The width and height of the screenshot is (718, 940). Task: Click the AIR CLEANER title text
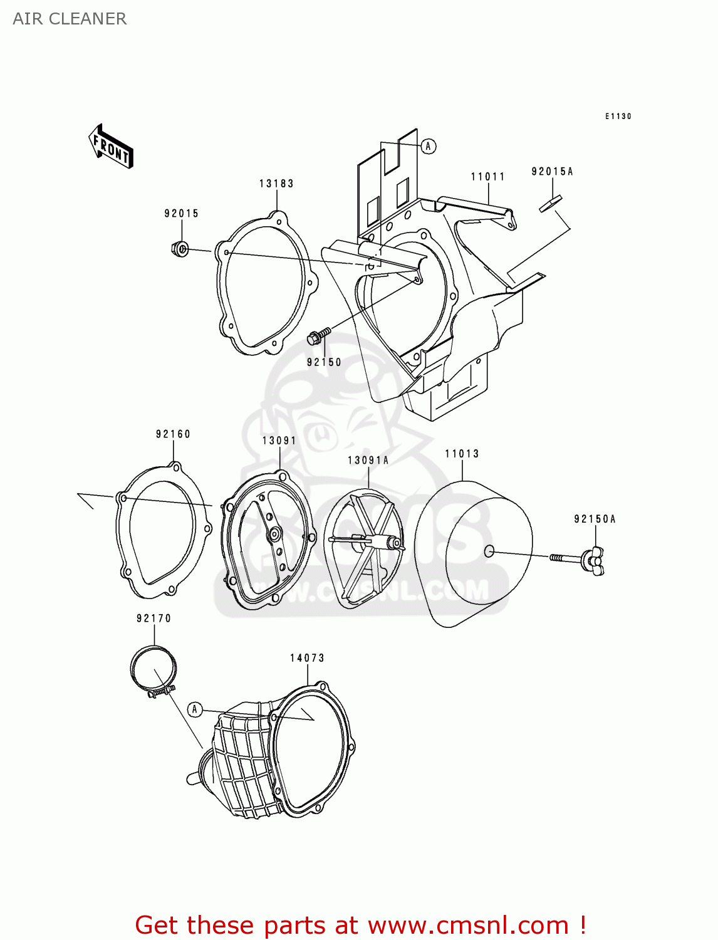(70, 19)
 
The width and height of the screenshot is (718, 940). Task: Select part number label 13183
(276, 184)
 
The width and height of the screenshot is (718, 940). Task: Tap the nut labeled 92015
(180, 249)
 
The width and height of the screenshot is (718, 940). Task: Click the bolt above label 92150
(318, 337)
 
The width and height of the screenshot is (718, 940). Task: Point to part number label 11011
(488, 177)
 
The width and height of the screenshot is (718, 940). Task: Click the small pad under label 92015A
(551, 204)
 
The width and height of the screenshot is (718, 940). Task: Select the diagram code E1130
(618, 117)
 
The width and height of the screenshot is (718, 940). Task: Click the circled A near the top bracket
(428, 146)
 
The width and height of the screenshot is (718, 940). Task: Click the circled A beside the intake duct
(195, 709)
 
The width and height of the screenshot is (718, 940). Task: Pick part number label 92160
(173, 434)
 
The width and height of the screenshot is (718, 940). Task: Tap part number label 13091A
(368, 461)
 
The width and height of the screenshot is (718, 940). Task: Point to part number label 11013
(462, 454)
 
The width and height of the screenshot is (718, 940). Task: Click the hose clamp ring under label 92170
(153, 671)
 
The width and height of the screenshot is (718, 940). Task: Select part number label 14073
(307, 658)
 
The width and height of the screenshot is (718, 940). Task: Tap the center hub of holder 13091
(274, 535)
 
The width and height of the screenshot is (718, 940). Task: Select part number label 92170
(153, 619)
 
